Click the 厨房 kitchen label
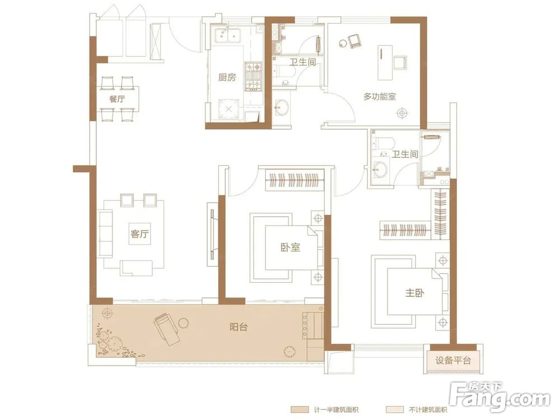tap(227, 77)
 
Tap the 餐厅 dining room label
tap(117, 99)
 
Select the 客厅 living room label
tap(139, 234)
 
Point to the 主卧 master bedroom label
tap(414, 293)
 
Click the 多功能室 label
tap(380, 96)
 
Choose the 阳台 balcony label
tap(239, 326)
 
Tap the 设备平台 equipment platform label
tap(453, 360)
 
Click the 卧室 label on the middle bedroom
tap(290, 247)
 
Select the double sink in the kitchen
tap(228, 35)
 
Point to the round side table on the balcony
tap(183, 323)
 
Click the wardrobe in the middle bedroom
tap(295, 179)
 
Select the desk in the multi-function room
tap(385, 63)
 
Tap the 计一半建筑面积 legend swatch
tap(300, 410)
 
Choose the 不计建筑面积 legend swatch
tap(395, 410)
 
